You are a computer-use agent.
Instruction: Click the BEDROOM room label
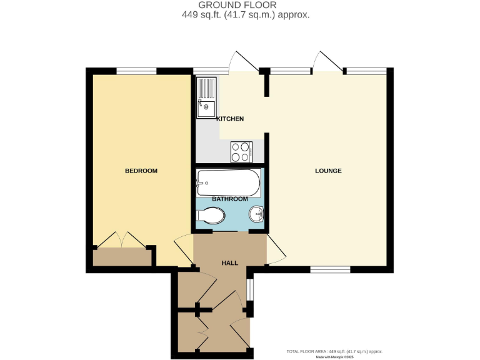(141, 171)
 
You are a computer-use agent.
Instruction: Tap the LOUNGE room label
(328, 171)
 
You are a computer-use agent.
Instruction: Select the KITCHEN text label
(230, 119)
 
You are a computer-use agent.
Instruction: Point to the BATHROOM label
(229, 199)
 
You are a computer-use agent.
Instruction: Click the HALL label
(229, 263)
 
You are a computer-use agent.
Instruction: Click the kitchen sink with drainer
(206, 97)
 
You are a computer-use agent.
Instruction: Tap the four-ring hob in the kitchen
(242, 151)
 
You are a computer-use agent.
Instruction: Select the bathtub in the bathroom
(228, 182)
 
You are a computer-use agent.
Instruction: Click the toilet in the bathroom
(210, 216)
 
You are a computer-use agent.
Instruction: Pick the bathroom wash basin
(256, 216)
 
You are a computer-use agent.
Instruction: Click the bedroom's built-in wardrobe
(122, 257)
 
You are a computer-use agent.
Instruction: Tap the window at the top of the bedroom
(136, 71)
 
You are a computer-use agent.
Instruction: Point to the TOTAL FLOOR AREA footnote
(334, 351)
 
